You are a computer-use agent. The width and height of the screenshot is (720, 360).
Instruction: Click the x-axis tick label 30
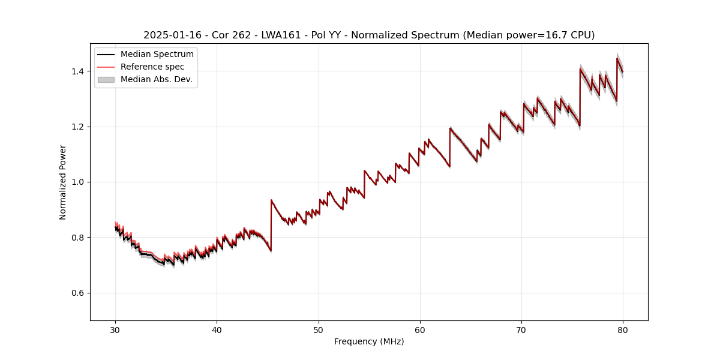pyautogui.click(x=115, y=329)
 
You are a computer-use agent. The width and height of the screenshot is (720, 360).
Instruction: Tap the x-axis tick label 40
pyautogui.click(x=217, y=329)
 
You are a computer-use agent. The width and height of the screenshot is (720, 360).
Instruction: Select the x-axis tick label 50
pyautogui.click(x=319, y=329)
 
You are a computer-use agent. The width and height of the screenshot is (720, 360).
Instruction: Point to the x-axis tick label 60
pyautogui.click(x=420, y=329)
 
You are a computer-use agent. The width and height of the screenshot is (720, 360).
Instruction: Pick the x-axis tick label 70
pyautogui.click(x=521, y=329)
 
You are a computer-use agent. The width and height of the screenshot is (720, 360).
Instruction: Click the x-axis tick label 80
pyautogui.click(x=623, y=329)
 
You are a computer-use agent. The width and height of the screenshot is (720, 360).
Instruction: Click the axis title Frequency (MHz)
pyautogui.click(x=369, y=341)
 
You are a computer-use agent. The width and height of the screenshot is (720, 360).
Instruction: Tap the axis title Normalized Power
pyautogui.click(x=63, y=182)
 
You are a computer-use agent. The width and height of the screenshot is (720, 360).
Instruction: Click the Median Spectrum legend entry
pyautogui.click(x=157, y=55)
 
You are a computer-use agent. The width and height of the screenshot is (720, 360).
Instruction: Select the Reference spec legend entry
pyautogui.click(x=152, y=67)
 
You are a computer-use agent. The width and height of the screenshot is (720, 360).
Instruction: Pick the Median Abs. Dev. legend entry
pyautogui.click(x=156, y=79)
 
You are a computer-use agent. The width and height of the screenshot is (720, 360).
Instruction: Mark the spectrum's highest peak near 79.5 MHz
pyautogui.click(x=617, y=58)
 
